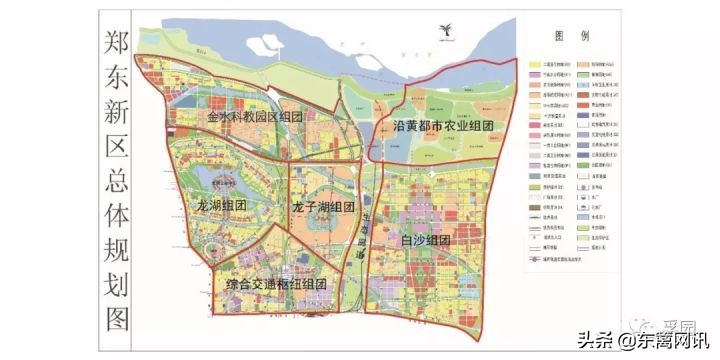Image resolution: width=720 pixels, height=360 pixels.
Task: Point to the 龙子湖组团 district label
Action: [x=323, y=206]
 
